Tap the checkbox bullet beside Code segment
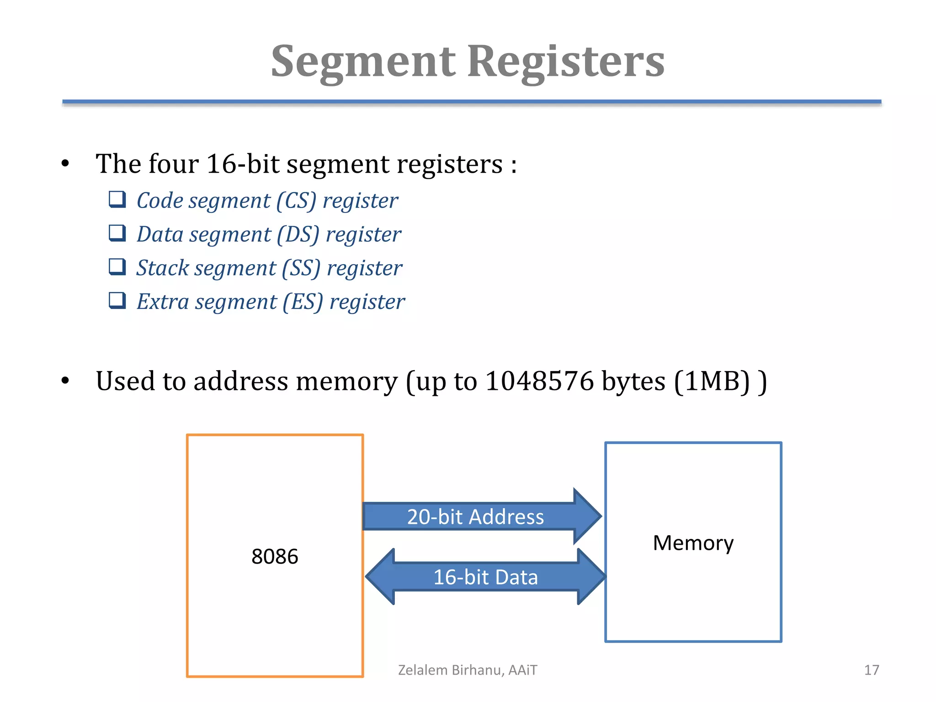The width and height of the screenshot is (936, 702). pyautogui.click(x=117, y=200)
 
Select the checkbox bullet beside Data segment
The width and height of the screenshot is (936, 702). pyautogui.click(x=117, y=233)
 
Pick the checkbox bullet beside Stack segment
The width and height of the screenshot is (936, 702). pyautogui.click(x=117, y=267)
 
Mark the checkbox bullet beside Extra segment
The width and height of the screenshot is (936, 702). pyautogui.click(x=117, y=301)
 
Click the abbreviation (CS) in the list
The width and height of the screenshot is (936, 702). pyautogui.click(x=297, y=201)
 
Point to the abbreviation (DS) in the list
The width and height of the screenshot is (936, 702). pyautogui.click(x=298, y=234)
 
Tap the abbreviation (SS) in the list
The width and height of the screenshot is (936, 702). pyautogui.click(x=301, y=268)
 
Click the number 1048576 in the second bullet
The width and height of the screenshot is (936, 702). pyautogui.click(x=539, y=381)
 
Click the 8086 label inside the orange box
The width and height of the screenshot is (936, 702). pyautogui.click(x=275, y=556)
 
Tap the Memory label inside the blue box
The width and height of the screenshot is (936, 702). pyautogui.click(x=693, y=542)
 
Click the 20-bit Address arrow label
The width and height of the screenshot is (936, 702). pyautogui.click(x=475, y=517)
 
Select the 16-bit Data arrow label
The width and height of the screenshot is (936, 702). pyautogui.click(x=485, y=577)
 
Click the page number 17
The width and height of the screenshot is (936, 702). pyautogui.click(x=871, y=670)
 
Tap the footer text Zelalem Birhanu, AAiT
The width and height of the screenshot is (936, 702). pyautogui.click(x=468, y=670)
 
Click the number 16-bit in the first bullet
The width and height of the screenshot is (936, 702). pyautogui.click(x=242, y=164)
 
